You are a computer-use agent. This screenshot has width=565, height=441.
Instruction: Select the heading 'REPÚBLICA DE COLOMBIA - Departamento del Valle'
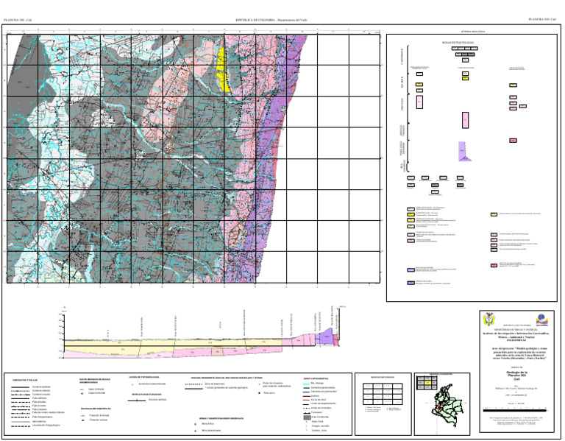pos(271,20)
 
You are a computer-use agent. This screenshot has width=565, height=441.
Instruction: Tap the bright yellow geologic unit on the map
pos(227,71)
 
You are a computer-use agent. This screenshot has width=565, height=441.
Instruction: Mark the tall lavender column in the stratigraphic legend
pos(463,152)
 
